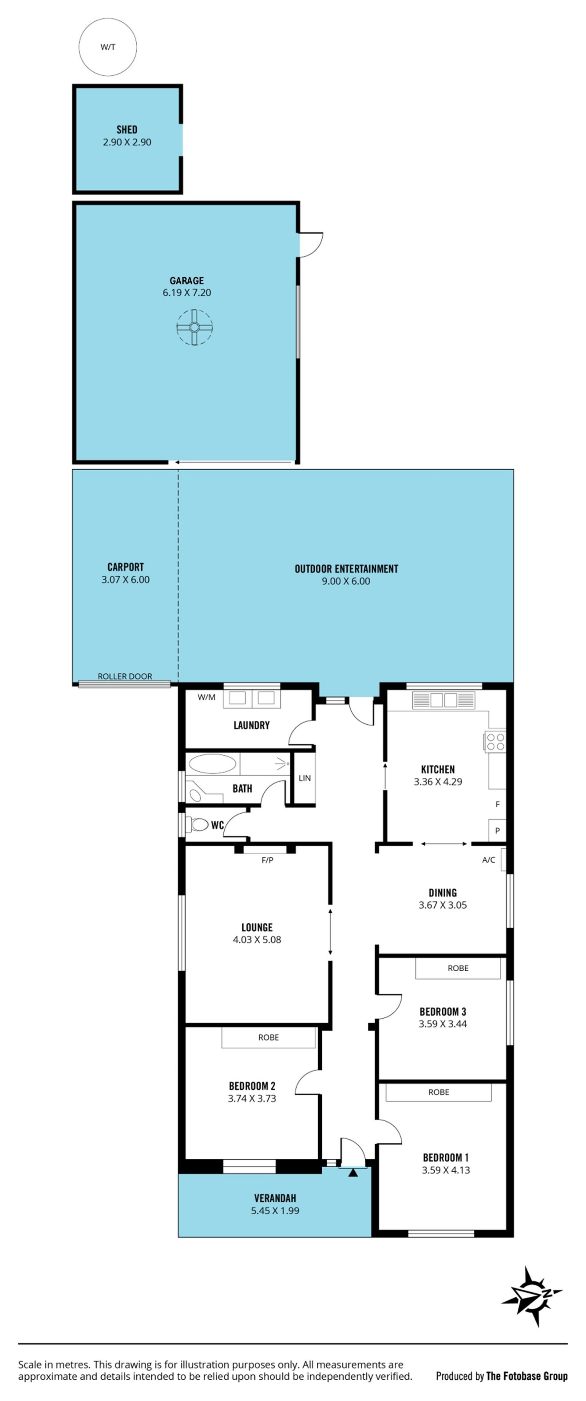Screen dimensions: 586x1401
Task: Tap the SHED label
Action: click(x=127, y=129)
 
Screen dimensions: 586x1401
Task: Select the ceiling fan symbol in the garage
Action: click(x=194, y=327)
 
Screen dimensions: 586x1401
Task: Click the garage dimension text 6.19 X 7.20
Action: click(x=186, y=292)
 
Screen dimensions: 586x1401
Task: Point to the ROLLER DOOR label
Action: click(x=125, y=676)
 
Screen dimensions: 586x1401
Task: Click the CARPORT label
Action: click(x=126, y=567)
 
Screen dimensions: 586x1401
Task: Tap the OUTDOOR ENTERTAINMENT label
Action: click(x=346, y=569)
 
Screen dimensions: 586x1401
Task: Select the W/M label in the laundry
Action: click(x=206, y=697)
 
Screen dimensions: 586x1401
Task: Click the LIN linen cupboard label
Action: click(x=305, y=778)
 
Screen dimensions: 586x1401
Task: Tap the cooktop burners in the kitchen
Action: click(x=495, y=742)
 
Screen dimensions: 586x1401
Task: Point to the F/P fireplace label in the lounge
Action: click(x=267, y=860)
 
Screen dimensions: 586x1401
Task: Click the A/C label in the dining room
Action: click(x=489, y=860)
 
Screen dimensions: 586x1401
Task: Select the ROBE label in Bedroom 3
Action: click(x=458, y=968)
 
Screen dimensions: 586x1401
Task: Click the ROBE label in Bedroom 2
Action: click(x=268, y=1037)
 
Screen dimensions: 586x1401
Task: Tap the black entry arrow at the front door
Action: click(x=353, y=1173)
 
